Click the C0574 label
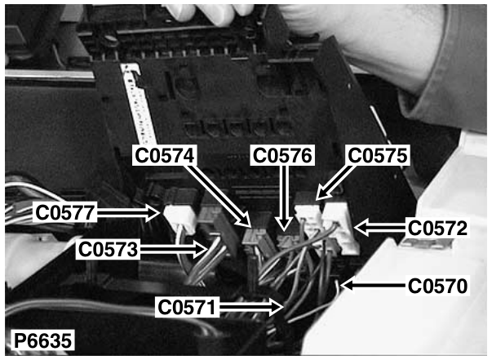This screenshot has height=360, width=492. pyautogui.click(x=165, y=155)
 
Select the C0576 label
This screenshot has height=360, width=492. pyautogui.click(x=282, y=155)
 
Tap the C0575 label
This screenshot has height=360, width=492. pyautogui.click(x=378, y=155)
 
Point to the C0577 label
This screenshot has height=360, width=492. pyautogui.click(x=65, y=212)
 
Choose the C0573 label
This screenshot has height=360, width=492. pyautogui.click(x=108, y=250)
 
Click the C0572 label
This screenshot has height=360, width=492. pyautogui.click(x=437, y=229)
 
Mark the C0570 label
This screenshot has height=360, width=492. pyautogui.click(x=437, y=286)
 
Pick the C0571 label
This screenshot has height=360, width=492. pyautogui.click(x=187, y=307)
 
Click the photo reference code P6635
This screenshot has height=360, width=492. pyautogui.click(x=43, y=340)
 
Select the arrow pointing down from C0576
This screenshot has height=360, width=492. pyautogui.click(x=284, y=198)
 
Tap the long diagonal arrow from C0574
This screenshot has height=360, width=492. pyautogui.click(x=219, y=196)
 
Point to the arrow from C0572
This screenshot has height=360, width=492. pyautogui.click(x=380, y=229)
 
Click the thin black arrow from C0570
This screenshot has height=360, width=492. pyautogui.click(x=374, y=286)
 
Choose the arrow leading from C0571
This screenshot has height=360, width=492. pyautogui.click(x=250, y=307)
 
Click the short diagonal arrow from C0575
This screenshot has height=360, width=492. pyautogui.click(x=335, y=182)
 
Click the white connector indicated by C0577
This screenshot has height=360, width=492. pyautogui.click(x=180, y=219)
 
